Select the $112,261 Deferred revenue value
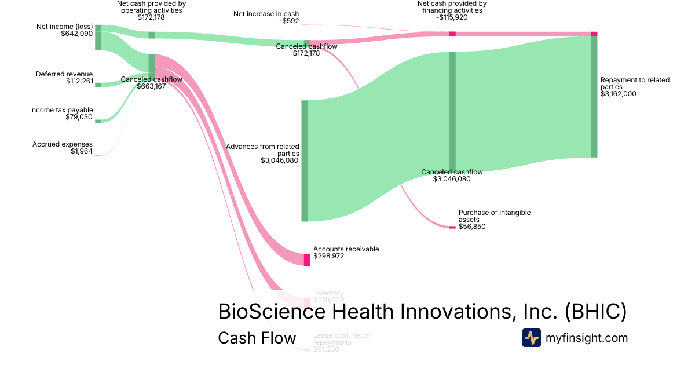pyautogui.click(x=79, y=81)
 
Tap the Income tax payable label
pyautogui.click(x=61, y=110)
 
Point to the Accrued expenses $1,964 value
pyautogui.click(x=82, y=152)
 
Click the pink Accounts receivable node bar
pyautogui.click(x=307, y=260)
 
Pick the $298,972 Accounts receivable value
pyautogui.click(x=328, y=256)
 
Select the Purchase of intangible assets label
pyautogui.click(x=494, y=216)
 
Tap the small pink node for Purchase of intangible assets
pyautogui.click(x=452, y=227)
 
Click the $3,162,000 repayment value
pyautogui.click(x=619, y=93)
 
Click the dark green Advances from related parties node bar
pyautogui.click(x=305, y=160)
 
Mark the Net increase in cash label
pyautogui.click(x=266, y=13)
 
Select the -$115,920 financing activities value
pyautogui.click(x=452, y=17)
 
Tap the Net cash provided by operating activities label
pyautogui.click(x=151, y=6)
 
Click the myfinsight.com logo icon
pyautogui.click(x=531, y=338)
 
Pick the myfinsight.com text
pyautogui.click(x=587, y=338)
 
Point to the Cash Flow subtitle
pyautogui.click(x=257, y=338)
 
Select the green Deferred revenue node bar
pyautogui.click(x=98, y=85)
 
